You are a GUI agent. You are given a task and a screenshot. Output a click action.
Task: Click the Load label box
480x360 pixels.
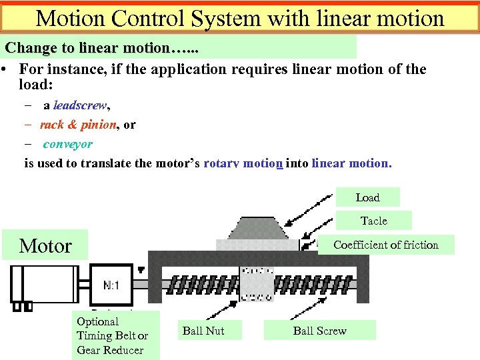pyautogui.click(x=367, y=197)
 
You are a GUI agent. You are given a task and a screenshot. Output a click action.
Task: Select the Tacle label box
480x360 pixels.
pyautogui.click(x=373, y=221)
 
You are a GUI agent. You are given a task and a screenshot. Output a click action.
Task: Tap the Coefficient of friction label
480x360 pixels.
pyautogui.click(x=386, y=245)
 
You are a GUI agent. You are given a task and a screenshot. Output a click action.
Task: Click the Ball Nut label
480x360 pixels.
pyautogui.click(x=203, y=331)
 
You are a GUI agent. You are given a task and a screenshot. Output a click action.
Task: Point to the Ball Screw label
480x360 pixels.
pyautogui.click(x=319, y=331)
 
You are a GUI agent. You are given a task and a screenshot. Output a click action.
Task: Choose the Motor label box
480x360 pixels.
pyautogui.click(x=45, y=246)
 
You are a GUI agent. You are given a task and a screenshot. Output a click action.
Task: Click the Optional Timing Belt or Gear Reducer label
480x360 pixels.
pyautogui.click(x=112, y=335)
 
